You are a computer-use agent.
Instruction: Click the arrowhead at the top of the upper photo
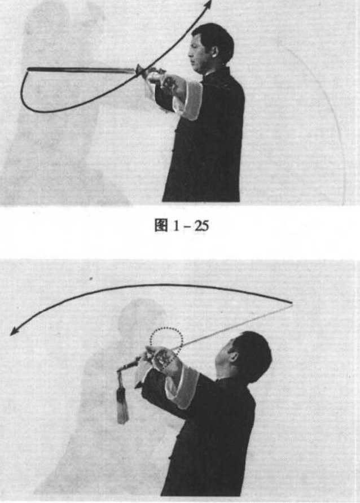(x=208, y=3)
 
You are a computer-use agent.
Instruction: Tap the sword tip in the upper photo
(x=28, y=69)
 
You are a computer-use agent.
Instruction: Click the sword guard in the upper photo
(x=139, y=71)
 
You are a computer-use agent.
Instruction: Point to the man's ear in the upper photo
(x=214, y=51)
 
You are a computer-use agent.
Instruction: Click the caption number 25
(x=201, y=225)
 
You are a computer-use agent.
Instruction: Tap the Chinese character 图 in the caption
(x=161, y=225)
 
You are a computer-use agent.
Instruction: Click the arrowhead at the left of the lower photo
(x=14, y=333)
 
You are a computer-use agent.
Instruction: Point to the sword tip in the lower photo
(x=291, y=303)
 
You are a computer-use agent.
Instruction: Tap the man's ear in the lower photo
(x=234, y=356)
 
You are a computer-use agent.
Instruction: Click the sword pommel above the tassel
(x=120, y=370)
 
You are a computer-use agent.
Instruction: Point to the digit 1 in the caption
(x=176, y=225)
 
